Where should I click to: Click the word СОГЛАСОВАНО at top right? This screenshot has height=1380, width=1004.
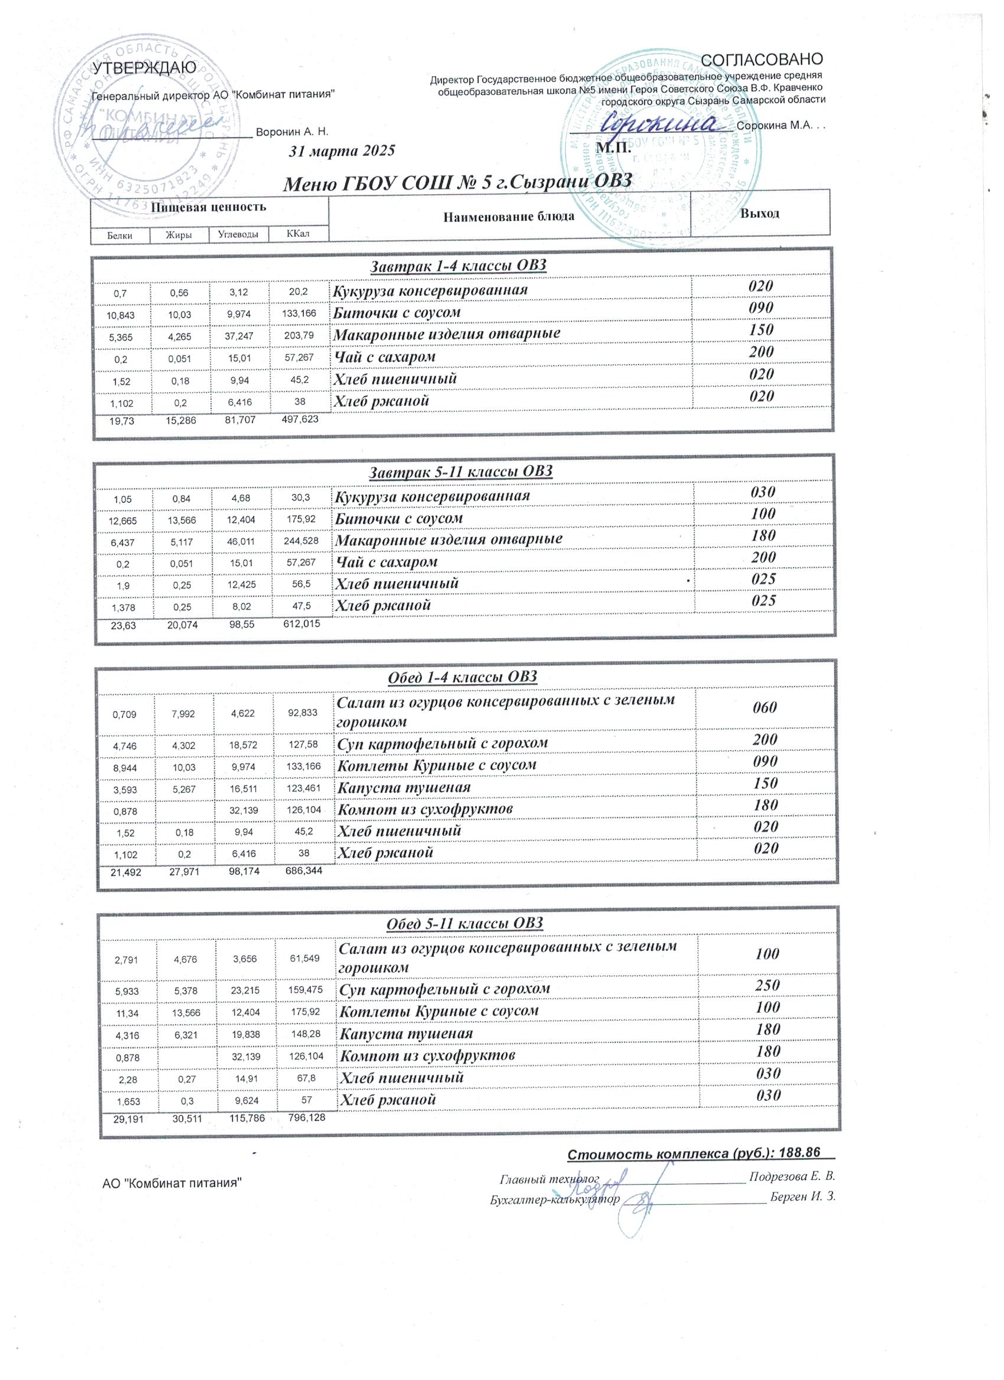[x=762, y=59]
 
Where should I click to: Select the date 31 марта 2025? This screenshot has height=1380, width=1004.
[x=342, y=151]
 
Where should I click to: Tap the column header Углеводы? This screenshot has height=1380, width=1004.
[x=238, y=234]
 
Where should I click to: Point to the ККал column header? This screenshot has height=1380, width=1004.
[x=298, y=234]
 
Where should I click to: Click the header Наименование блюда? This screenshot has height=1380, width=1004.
[x=508, y=216]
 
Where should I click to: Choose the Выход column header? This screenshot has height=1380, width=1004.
[x=759, y=214]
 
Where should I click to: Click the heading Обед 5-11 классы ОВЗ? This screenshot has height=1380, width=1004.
[x=465, y=924]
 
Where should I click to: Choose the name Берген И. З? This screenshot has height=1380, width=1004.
[x=803, y=1197]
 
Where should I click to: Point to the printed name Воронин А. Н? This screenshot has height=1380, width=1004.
[x=292, y=132]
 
